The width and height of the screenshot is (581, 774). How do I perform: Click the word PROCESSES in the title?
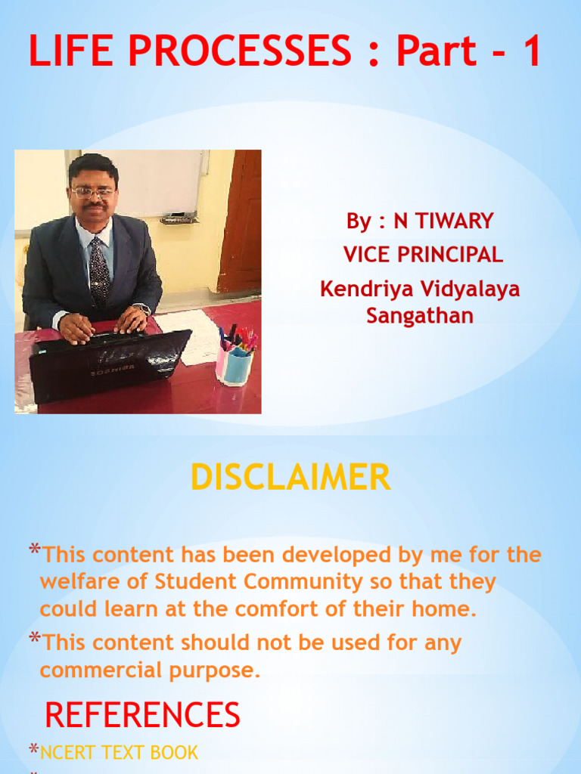[240, 51]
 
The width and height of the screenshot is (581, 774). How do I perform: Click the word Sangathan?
[420, 316]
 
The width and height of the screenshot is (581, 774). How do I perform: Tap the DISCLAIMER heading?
[290, 477]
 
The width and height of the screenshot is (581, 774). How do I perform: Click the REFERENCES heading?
[142, 715]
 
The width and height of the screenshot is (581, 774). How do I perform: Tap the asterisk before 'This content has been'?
[34, 550]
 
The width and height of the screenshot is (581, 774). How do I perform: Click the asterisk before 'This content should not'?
[34, 637]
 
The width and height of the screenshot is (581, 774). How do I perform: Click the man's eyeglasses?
[93, 193]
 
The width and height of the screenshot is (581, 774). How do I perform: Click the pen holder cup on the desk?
[235, 366]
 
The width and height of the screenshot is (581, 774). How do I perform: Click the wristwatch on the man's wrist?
[144, 309]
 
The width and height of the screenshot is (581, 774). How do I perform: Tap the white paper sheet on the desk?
[189, 336]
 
